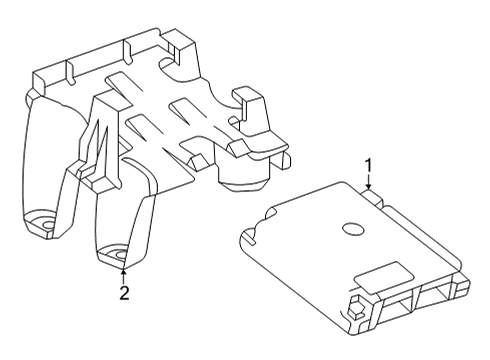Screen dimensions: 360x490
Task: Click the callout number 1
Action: pos(368,164)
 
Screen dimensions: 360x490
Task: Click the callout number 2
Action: pos(123,292)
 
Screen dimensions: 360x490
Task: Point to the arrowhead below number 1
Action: pos(368,187)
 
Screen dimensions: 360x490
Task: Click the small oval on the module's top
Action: pos(353,229)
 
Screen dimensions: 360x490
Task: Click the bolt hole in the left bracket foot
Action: pos(42,223)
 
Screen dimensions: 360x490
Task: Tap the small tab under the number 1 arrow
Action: pos(375,198)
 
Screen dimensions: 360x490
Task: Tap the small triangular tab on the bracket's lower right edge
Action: pos(196,160)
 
